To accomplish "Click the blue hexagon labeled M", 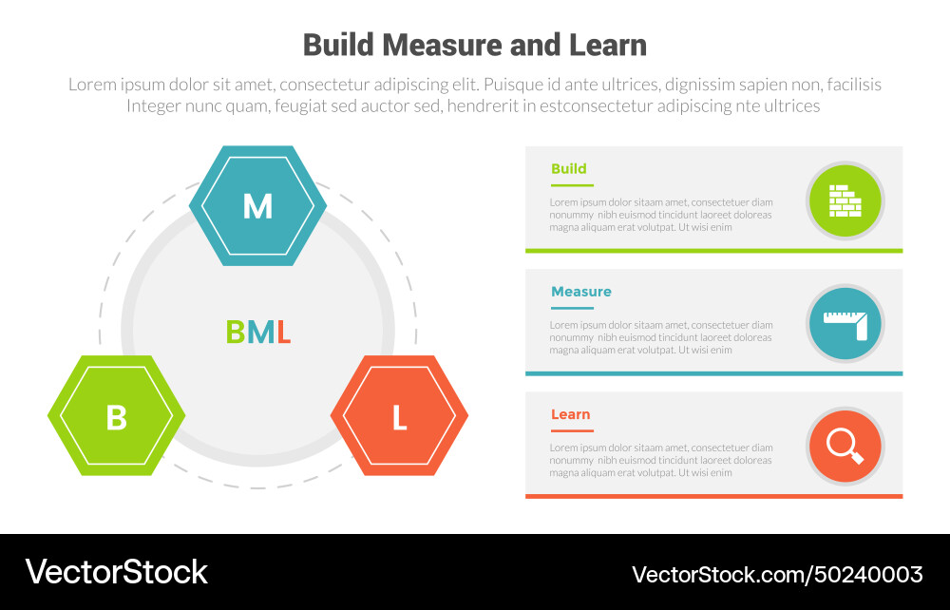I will tap(257, 205).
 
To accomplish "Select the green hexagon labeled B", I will tap(116, 416).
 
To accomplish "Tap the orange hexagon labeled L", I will tap(399, 416).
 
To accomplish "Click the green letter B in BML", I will tap(235, 333).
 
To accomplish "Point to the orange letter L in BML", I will tap(283, 333).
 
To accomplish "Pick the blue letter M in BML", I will tap(259, 333).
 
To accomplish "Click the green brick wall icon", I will tap(845, 200).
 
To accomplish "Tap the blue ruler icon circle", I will tap(845, 324).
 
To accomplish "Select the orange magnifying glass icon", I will tap(845, 446).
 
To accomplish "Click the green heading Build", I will tap(568, 169).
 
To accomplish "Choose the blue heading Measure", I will tap(580, 292).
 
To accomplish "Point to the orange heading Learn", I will tap(570, 414).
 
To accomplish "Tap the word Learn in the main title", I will tap(604, 45).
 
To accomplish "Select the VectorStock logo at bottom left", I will tap(116, 572).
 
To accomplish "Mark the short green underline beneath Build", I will tap(572, 185).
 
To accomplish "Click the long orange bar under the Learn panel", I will tap(713, 496).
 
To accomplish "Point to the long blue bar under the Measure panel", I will tap(713, 373).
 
